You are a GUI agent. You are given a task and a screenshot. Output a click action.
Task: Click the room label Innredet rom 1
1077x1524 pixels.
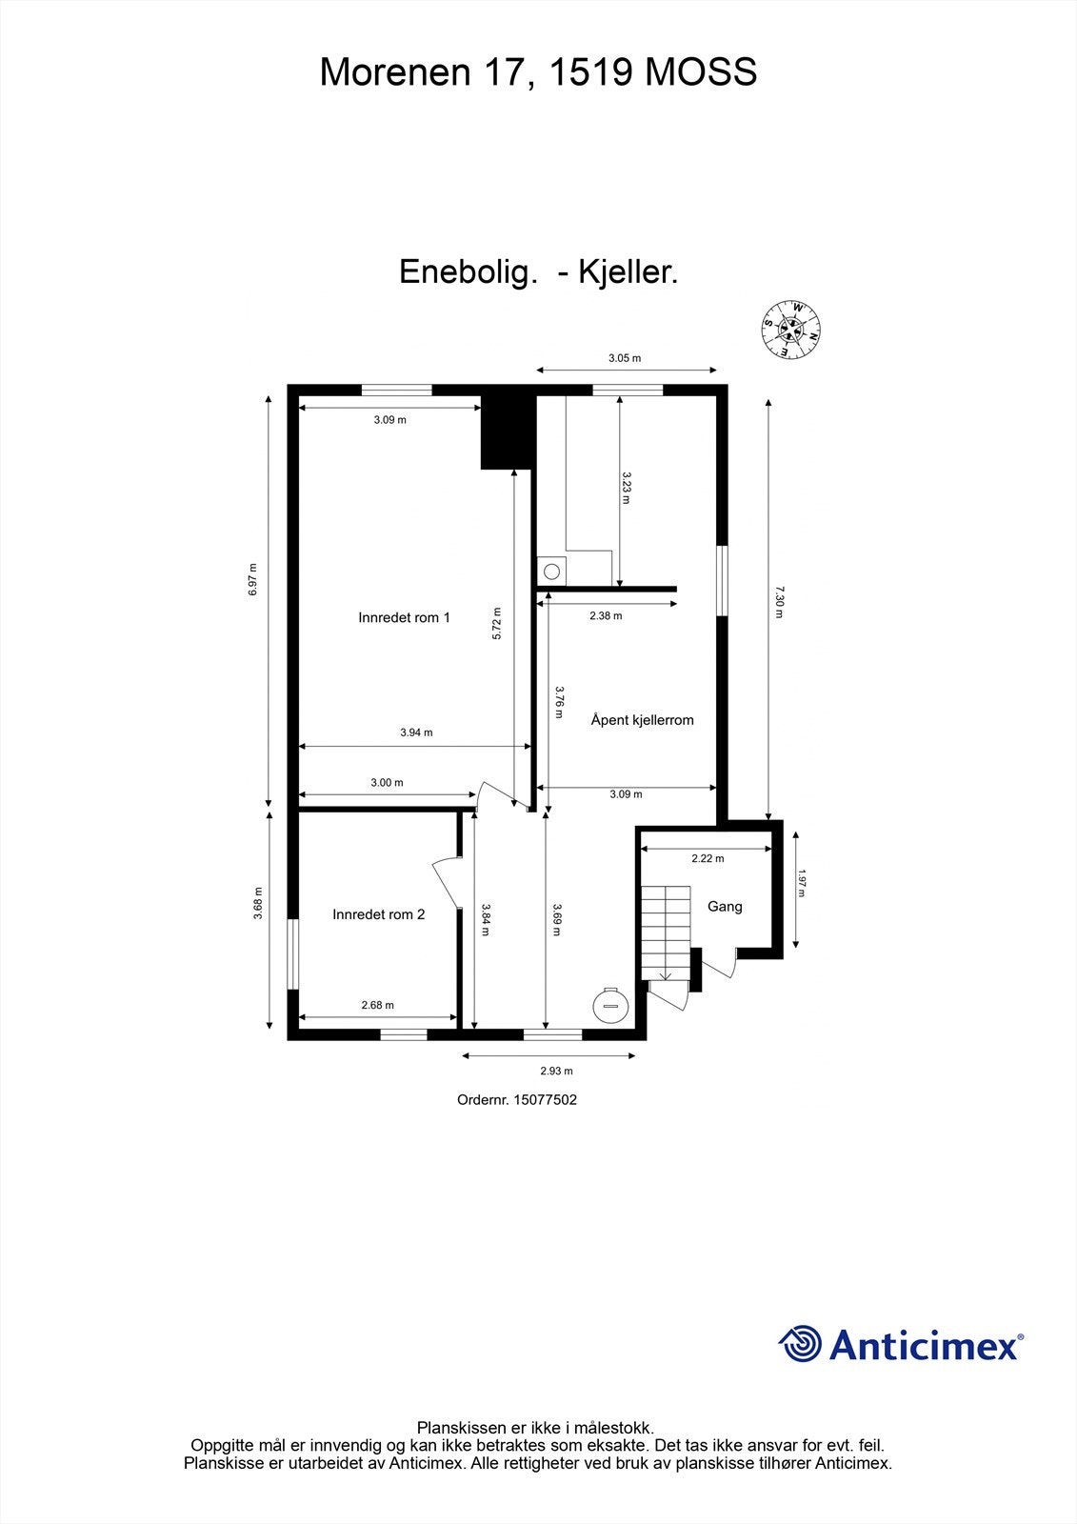click(x=404, y=617)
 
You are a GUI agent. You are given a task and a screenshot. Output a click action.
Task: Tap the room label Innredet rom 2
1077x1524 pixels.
click(x=378, y=914)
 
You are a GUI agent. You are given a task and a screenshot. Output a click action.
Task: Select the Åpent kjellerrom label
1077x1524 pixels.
click(x=642, y=720)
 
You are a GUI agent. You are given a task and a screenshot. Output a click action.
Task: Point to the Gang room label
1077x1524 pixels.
click(x=725, y=907)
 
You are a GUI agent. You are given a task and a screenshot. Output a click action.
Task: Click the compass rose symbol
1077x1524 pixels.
click(x=791, y=331)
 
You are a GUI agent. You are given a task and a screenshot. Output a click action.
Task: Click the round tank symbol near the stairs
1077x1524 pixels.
click(x=609, y=1003)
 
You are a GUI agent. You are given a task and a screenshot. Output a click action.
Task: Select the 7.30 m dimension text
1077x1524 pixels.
click(x=779, y=602)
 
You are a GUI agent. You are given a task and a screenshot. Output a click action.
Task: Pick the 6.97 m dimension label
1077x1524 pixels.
click(x=252, y=580)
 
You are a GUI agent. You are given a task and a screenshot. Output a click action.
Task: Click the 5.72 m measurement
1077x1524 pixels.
click(x=497, y=623)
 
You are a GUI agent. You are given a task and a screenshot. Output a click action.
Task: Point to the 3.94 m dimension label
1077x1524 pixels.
click(x=416, y=732)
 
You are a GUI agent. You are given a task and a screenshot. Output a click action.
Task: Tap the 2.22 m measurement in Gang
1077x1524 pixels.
click(x=708, y=858)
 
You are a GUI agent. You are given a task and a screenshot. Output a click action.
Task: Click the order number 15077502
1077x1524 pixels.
click(x=545, y=1099)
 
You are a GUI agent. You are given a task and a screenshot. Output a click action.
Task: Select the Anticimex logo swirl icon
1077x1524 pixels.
click(x=800, y=1344)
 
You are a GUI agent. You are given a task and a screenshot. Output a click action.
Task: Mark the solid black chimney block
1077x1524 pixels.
click(x=506, y=431)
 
